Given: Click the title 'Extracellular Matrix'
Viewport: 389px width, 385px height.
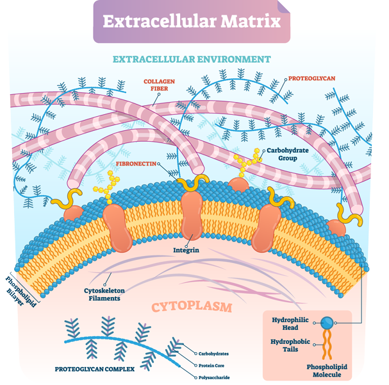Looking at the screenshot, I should [192, 21].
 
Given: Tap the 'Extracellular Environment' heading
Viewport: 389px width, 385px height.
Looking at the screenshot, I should [192, 59].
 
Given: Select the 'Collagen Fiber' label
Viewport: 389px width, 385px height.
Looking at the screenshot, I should [158, 85].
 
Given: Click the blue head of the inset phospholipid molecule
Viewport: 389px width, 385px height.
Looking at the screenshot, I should [327, 323].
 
